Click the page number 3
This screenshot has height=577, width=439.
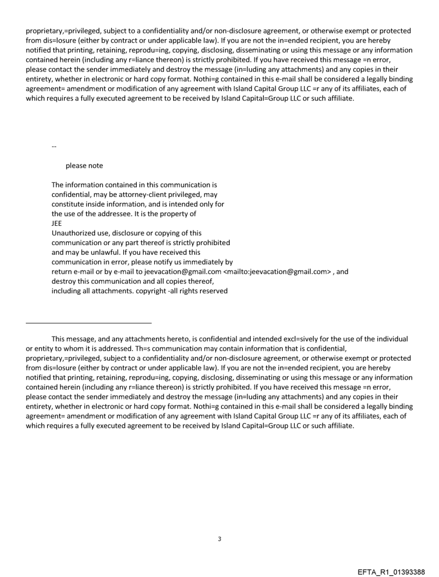tap(219, 539)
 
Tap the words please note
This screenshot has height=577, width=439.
tap(84, 166)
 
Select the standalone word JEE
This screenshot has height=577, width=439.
tap(56, 223)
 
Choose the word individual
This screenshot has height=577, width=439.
tap(391, 339)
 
